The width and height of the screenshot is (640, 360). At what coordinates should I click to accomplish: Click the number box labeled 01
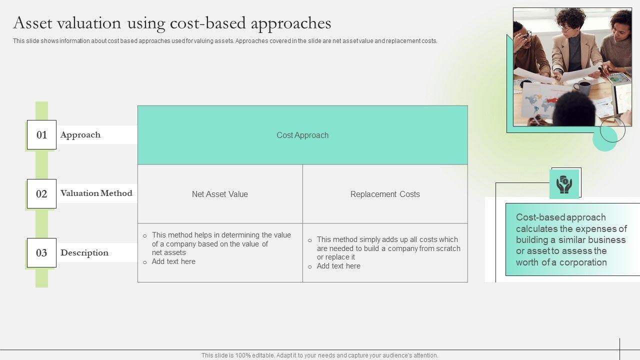tap(41, 135)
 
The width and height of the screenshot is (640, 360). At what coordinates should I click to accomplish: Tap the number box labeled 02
tap(41, 193)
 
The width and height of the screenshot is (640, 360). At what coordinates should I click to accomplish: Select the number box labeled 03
tap(41, 253)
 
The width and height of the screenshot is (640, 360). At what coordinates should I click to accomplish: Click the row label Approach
tap(80, 135)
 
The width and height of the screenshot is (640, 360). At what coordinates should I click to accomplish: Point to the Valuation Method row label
tap(96, 193)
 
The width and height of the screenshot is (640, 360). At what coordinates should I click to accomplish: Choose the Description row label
tap(84, 253)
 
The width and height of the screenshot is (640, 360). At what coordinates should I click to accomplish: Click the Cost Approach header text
tap(302, 135)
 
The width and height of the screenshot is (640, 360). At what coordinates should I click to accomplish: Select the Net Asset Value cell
tap(220, 194)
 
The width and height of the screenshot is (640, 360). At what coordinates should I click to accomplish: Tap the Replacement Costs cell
tap(385, 194)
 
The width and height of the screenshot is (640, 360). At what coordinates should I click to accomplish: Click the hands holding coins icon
tap(564, 184)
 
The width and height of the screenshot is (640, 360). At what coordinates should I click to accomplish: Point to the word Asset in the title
tap(33, 23)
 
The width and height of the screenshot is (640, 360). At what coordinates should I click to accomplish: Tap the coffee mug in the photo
tap(582, 87)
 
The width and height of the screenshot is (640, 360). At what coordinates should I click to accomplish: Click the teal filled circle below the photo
tap(605, 139)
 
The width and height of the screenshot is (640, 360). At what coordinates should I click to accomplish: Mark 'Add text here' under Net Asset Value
tap(173, 261)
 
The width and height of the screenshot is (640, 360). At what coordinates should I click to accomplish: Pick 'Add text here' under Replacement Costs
tap(338, 266)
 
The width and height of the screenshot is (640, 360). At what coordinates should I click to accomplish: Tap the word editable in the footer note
tap(262, 355)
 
